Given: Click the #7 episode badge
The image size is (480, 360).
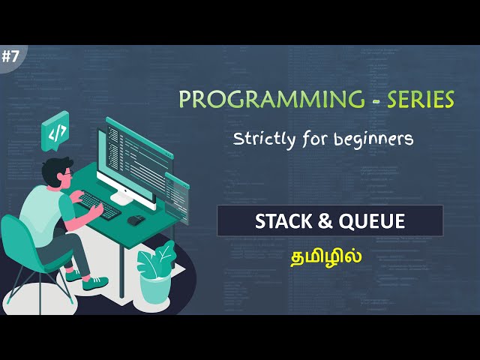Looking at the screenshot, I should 10,56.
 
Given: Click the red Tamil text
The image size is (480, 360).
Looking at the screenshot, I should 327,255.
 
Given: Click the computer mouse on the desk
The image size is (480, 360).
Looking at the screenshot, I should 136,220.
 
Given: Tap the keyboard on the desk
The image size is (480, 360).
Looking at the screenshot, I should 97,205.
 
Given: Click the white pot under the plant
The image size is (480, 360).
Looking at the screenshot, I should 154,289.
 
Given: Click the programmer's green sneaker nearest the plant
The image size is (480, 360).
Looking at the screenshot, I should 96,283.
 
